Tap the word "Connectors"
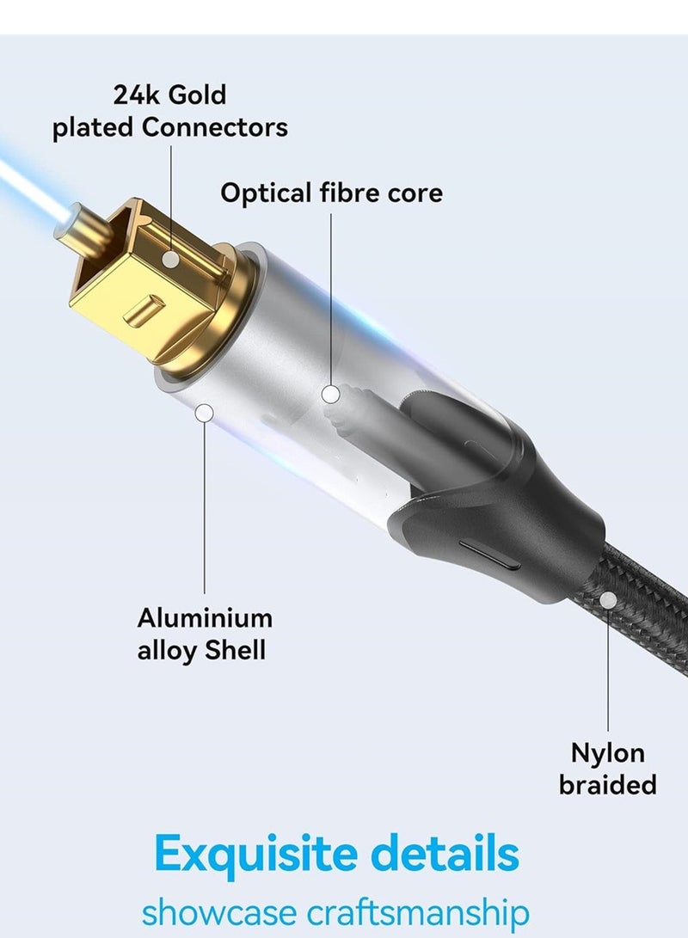[x=215, y=128]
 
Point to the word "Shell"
[x=235, y=650]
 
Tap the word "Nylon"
[x=608, y=753]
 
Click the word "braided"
[x=608, y=785]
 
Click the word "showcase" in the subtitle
[x=208, y=911]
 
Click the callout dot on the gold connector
[x=171, y=258]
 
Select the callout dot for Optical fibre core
[x=331, y=395]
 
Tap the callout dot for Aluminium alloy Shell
[x=204, y=414]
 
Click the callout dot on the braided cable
[x=608, y=601]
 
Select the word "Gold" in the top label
[x=197, y=94]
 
